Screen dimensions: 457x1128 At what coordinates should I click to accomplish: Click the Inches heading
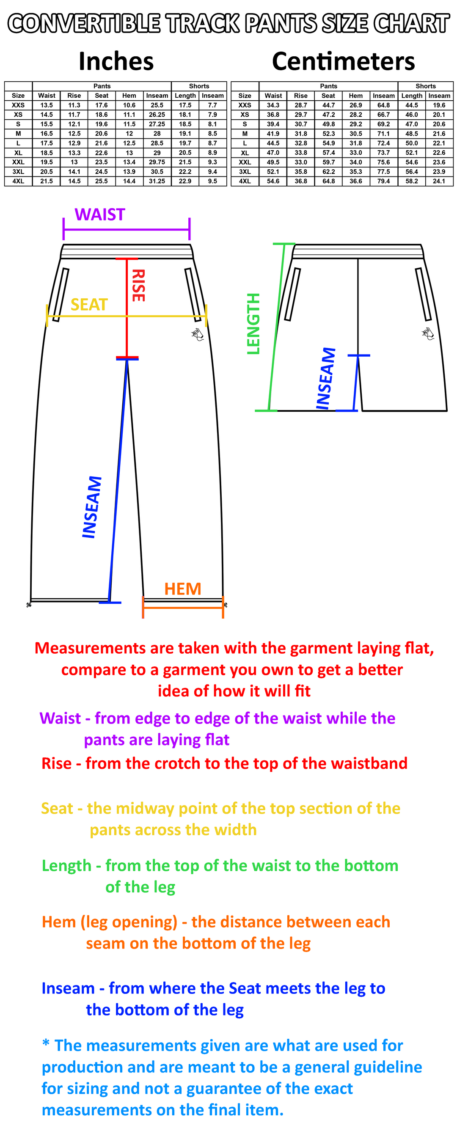point(116,61)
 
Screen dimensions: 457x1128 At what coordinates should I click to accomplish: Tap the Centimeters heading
point(343,61)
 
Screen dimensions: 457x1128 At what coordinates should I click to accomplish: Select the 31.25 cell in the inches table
point(157,181)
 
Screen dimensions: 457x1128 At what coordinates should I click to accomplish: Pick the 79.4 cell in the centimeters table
point(383,181)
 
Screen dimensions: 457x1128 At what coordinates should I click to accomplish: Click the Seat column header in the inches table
point(102,96)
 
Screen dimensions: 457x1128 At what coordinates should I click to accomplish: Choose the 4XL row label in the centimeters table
point(245,181)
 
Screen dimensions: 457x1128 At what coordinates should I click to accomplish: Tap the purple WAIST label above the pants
point(100,215)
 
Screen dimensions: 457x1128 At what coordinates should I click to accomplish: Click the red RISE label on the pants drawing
point(138,286)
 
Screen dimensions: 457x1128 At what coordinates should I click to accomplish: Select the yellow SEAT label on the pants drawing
point(89,304)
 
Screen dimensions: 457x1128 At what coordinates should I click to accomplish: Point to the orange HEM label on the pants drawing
point(182,589)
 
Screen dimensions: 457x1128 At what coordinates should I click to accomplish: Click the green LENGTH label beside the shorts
point(253,324)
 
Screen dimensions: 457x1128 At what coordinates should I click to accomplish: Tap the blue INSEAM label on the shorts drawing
point(326,379)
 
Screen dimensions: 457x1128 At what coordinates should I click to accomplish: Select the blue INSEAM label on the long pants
point(92,507)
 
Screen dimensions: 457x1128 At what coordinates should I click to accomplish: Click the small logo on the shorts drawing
point(428,333)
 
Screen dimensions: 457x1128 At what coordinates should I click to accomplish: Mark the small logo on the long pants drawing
point(198,334)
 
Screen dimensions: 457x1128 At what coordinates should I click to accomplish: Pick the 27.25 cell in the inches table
point(157,124)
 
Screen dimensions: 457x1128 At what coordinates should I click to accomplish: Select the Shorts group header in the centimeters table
point(426,86)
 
